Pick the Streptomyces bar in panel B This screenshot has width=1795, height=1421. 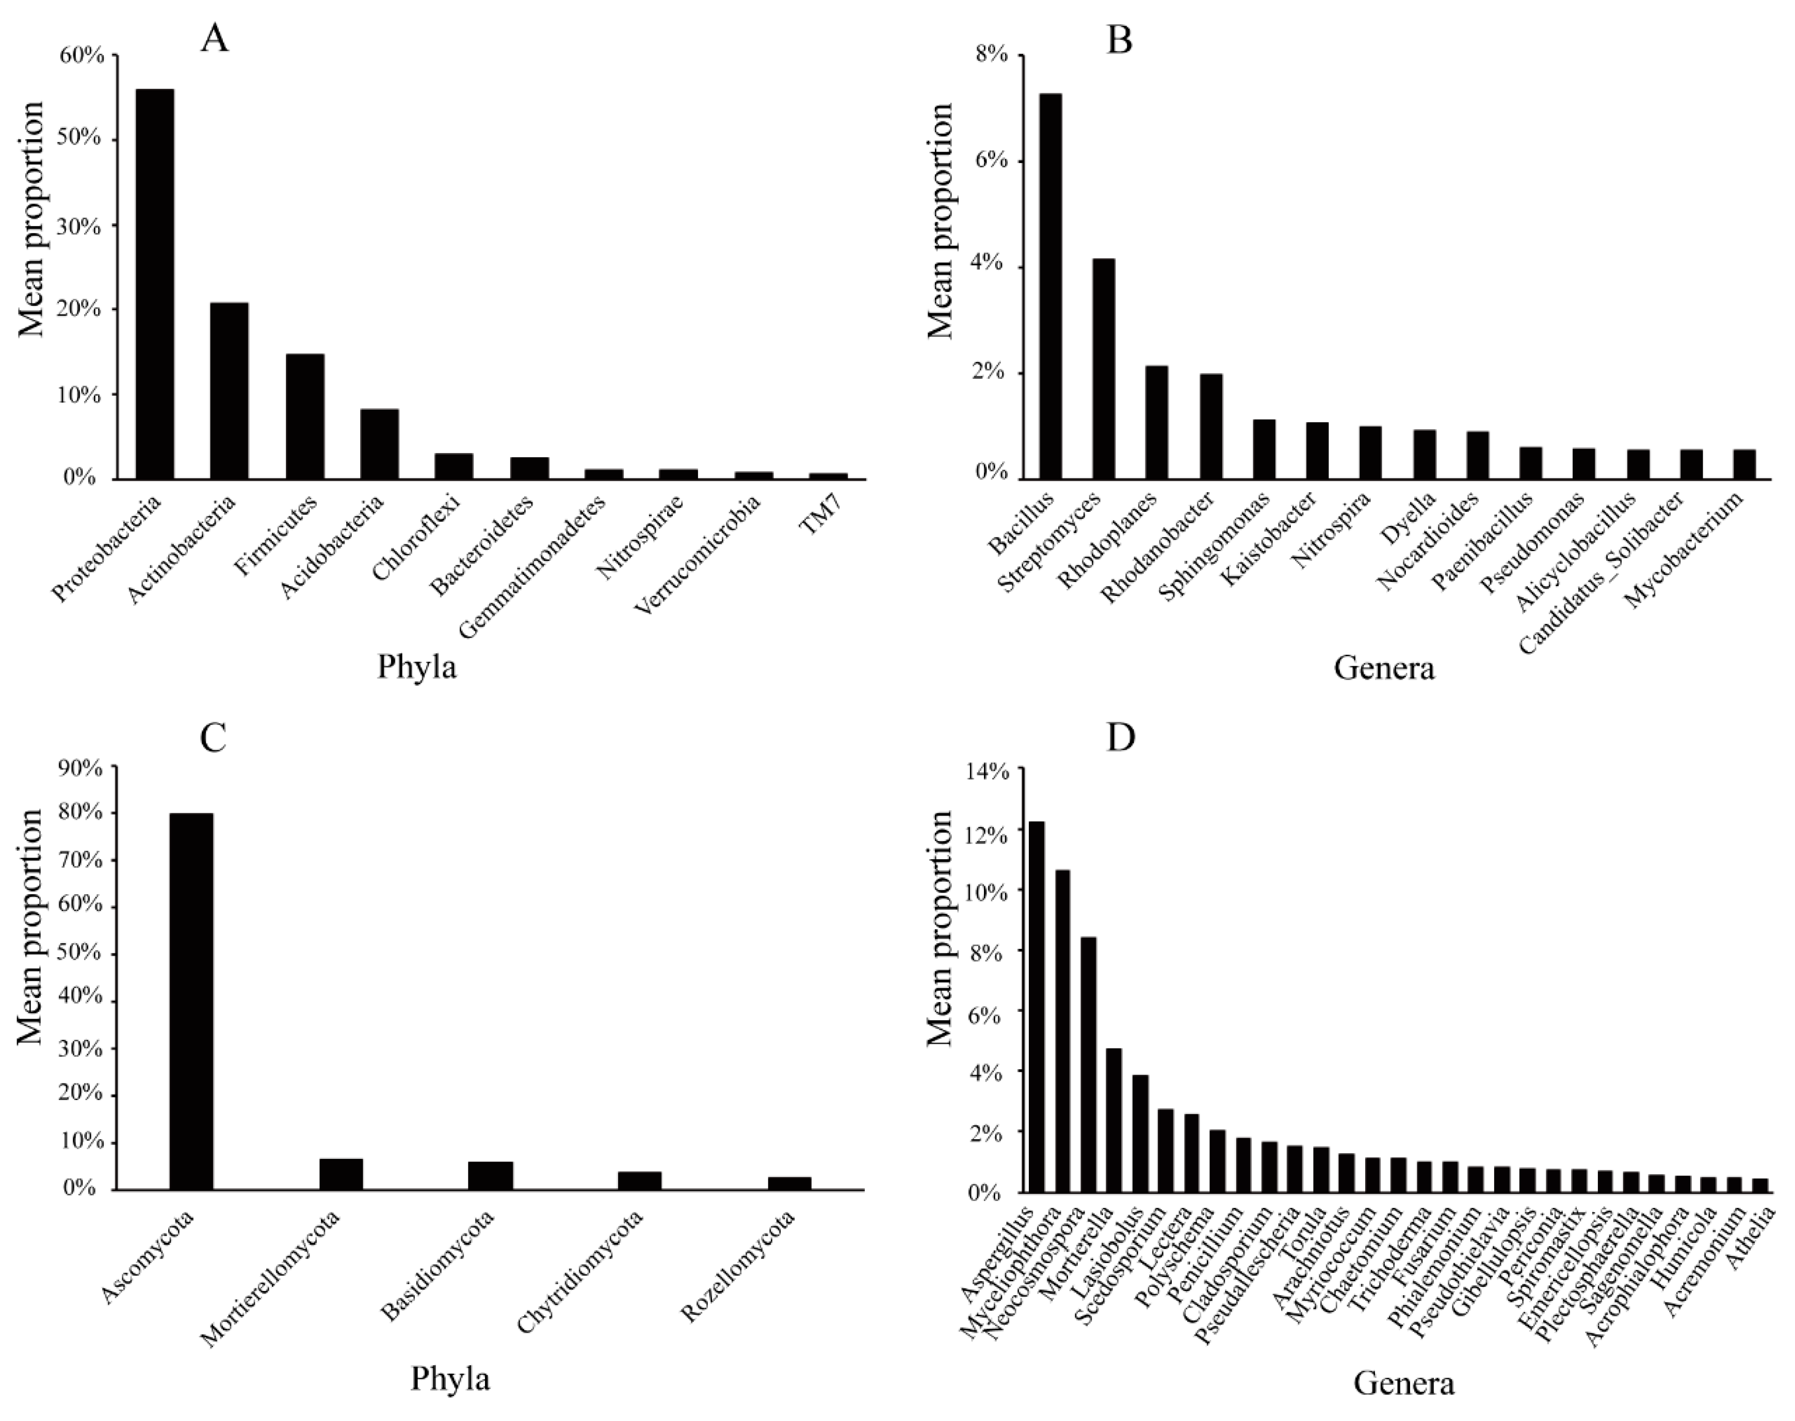(1104, 368)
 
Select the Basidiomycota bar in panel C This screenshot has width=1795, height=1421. (491, 1175)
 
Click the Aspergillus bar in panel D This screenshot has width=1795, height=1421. (1037, 1006)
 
